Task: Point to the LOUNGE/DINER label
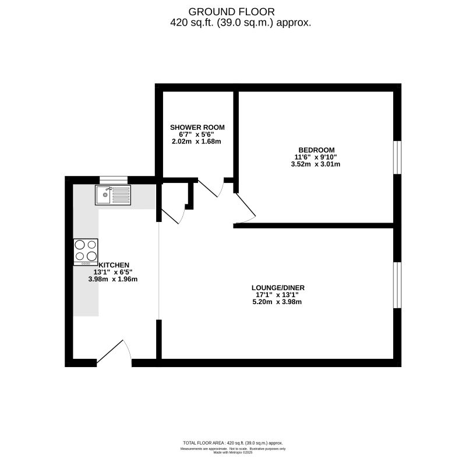(278, 287)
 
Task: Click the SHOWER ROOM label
(197, 127)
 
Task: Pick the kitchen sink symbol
(114, 195)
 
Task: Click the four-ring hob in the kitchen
(86, 252)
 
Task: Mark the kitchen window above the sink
(114, 179)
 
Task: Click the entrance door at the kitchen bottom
(115, 353)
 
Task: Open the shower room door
(211, 188)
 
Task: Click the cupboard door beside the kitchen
(173, 215)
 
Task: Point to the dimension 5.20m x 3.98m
(278, 302)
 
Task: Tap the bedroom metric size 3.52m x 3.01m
(316, 164)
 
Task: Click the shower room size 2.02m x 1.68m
(197, 142)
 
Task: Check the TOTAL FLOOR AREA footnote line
(232, 443)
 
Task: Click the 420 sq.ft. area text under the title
(240, 23)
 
